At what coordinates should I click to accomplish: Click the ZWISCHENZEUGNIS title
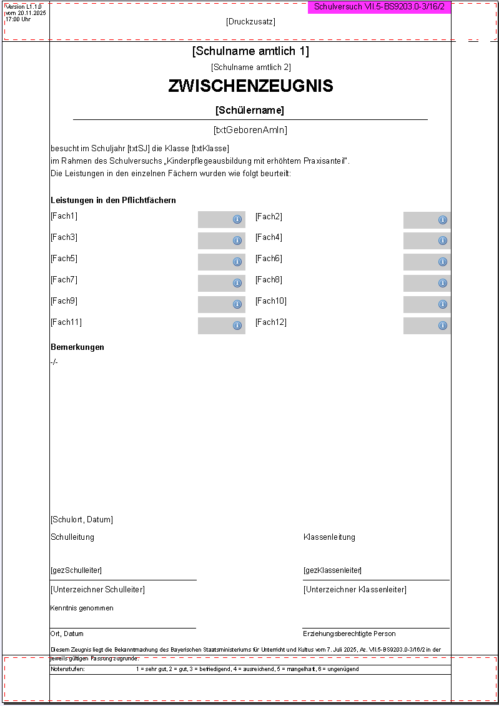(250, 86)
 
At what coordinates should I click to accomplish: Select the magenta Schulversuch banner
(379, 7)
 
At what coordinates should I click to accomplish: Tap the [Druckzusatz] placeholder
(250, 22)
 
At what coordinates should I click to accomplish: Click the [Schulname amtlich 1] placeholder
(250, 51)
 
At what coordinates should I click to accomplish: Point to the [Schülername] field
(250, 111)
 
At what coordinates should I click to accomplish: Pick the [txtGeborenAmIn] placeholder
(250, 130)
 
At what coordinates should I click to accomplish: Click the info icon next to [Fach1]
(237, 219)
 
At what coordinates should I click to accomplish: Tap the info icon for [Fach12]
(443, 326)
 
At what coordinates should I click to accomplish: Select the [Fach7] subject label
(64, 280)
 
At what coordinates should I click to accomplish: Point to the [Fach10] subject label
(271, 301)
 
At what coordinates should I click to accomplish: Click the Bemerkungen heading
(77, 347)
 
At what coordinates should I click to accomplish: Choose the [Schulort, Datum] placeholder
(82, 520)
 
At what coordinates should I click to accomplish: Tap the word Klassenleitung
(329, 537)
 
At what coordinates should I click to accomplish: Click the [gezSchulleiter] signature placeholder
(76, 570)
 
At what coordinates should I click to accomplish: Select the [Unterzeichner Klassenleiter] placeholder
(355, 590)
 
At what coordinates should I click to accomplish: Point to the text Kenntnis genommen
(82, 609)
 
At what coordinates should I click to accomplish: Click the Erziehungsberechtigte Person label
(350, 634)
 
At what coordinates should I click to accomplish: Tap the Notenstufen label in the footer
(68, 669)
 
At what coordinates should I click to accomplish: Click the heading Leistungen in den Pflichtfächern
(113, 201)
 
